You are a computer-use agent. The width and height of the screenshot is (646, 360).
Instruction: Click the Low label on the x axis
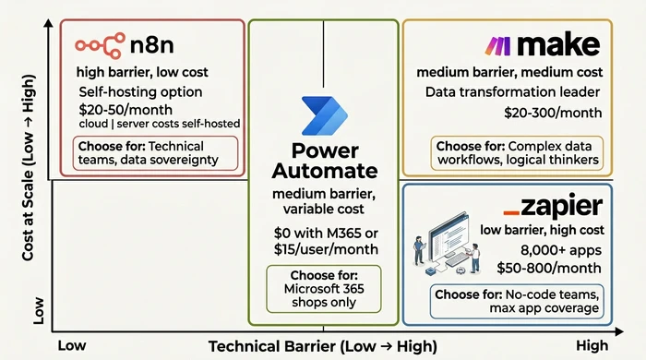pos(72,344)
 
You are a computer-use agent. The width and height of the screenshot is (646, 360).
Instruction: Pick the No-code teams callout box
pos(517,302)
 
